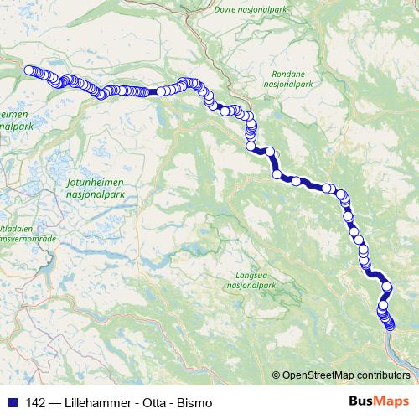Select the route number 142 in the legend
37,403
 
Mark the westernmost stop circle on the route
29,70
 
